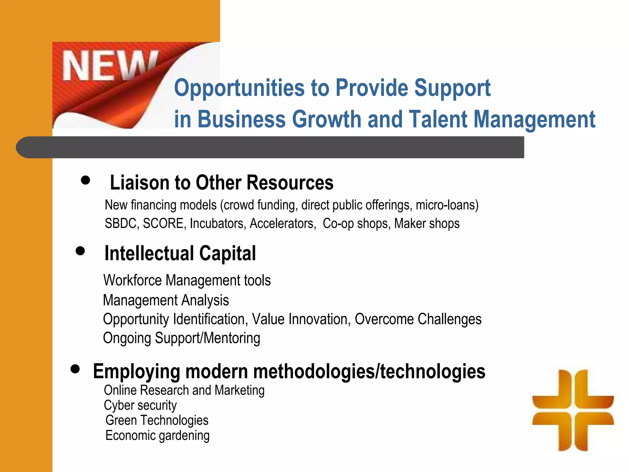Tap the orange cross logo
coord(573,410)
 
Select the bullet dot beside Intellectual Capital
coord(80,251)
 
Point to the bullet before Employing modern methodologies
coord(75,368)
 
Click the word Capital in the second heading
coord(227,253)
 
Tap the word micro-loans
coord(447,205)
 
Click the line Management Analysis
coord(166,300)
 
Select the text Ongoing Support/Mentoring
coord(182,338)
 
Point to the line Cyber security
coord(140,405)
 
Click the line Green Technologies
coord(157,420)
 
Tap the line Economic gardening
coord(157,435)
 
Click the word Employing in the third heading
coord(136,372)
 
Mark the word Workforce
coord(132,280)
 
